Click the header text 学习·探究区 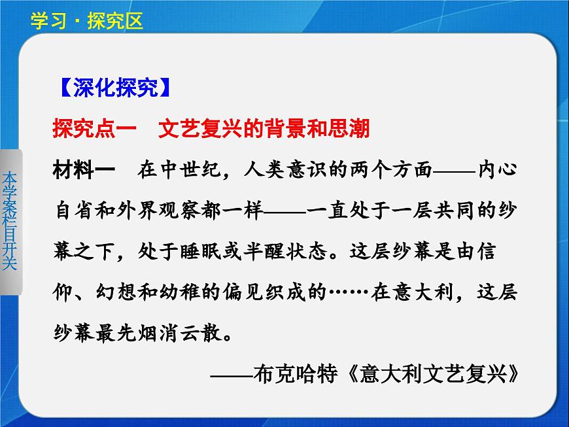pyautogui.click(x=86, y=21)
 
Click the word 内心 pyautogui.click(x=498, y=170)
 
